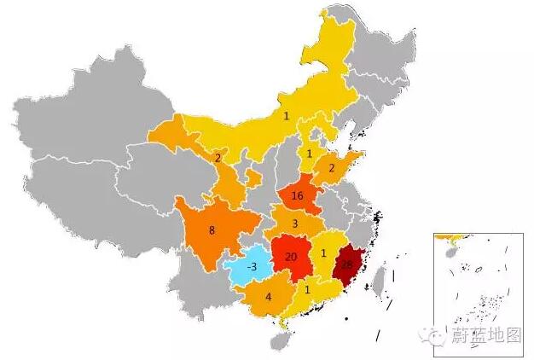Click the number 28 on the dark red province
pyautogui.click(x=346, y=264)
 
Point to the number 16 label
pyautogui.click(x=297, y=196)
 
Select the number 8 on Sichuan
pyautogui.click(x=212, y=229)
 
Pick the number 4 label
pyautogui.click(x=268, y=298)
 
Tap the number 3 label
pyautogui.click(x=294, y=224)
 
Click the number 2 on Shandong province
pyautogui.click(x=332, y=168)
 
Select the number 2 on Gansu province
pyautogui.click(x=218, y=158)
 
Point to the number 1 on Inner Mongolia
pyautogui.click(x=287, y=115)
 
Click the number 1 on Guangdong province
pyautogui.click(x=307, y=289)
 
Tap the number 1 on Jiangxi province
pyautogui.click(x=324, y=253)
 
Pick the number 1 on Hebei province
pyautogui.click(x=309, y=154)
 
